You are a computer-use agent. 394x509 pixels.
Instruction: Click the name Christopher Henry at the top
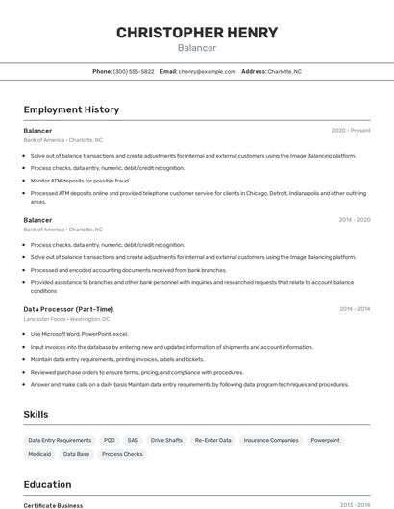197,33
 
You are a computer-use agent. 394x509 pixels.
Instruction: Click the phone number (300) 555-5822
134,71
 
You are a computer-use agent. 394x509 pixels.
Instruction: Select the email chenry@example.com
207,71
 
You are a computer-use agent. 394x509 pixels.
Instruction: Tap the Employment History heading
71,109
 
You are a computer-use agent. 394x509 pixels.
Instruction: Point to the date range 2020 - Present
351,131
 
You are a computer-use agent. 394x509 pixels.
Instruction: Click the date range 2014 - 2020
354,220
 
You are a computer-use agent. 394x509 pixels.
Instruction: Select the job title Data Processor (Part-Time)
68,309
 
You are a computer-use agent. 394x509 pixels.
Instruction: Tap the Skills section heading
37,414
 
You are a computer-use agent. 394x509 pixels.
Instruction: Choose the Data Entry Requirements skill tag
60,440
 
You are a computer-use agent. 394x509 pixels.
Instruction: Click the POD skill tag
110,440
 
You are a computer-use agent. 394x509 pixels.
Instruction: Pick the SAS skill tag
133,440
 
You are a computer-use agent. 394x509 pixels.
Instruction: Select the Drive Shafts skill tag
166,440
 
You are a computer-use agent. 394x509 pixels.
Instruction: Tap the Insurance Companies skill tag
271,440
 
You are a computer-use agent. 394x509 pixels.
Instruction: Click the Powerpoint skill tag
325,440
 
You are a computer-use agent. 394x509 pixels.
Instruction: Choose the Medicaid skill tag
39,454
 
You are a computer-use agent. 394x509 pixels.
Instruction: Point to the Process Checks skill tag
122,454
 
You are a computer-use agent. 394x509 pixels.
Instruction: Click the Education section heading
47,484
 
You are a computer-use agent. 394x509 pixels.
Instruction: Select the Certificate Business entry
53,505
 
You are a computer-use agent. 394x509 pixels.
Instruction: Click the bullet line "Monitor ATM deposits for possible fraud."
80,180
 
